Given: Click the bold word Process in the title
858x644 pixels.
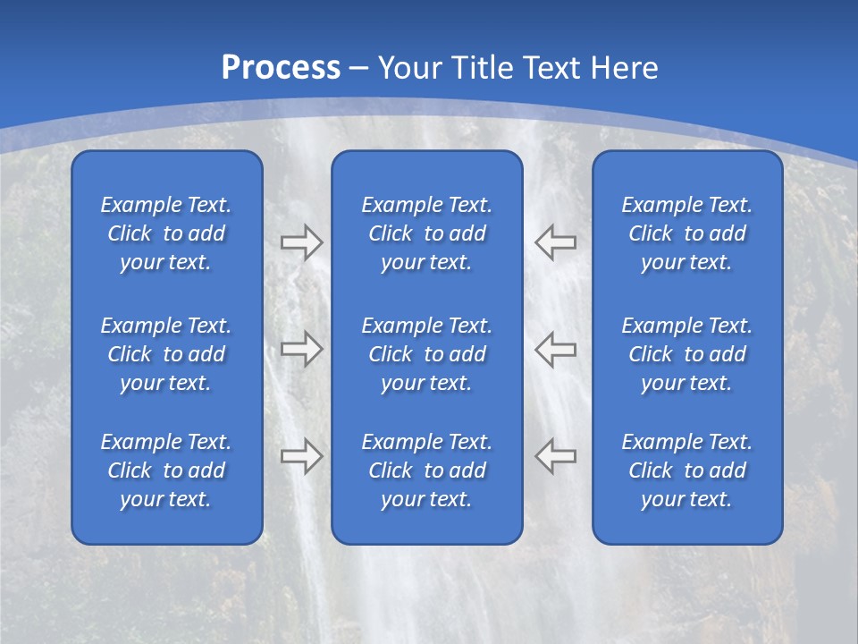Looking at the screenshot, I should point(281,68).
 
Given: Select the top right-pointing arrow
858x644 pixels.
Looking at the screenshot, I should point(302,242).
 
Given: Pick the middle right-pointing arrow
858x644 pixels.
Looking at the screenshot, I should point(302,349).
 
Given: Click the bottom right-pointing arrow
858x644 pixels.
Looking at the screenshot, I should point(302,455).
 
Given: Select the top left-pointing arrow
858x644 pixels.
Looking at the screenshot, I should point(556,242).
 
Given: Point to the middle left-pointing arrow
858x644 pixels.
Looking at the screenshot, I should point(556,349).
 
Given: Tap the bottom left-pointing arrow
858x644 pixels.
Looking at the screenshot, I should point(556,455).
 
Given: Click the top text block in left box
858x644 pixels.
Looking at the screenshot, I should point(166,233).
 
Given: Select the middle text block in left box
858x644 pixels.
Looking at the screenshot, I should point(166,354).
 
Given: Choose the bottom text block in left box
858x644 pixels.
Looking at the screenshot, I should point(166,470).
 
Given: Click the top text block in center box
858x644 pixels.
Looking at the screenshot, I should point(426,233).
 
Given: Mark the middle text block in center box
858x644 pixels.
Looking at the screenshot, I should point(426,354).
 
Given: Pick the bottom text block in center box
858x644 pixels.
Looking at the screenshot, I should point(426,470).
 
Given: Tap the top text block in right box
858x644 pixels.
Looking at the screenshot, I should point(686,233).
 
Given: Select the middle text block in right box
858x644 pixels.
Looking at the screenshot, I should point(686,354).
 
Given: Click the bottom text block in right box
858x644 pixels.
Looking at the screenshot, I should point(686,470).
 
